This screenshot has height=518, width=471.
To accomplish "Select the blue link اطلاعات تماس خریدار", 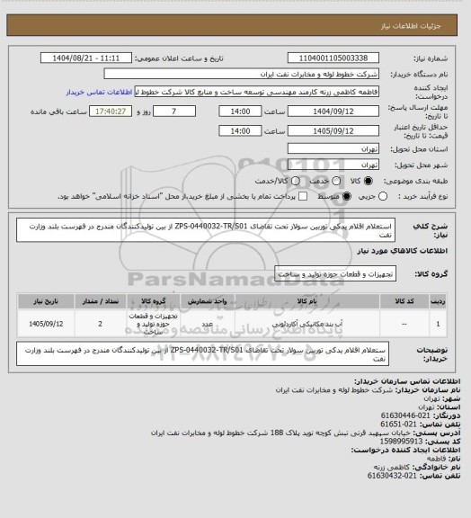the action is (99, 92).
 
